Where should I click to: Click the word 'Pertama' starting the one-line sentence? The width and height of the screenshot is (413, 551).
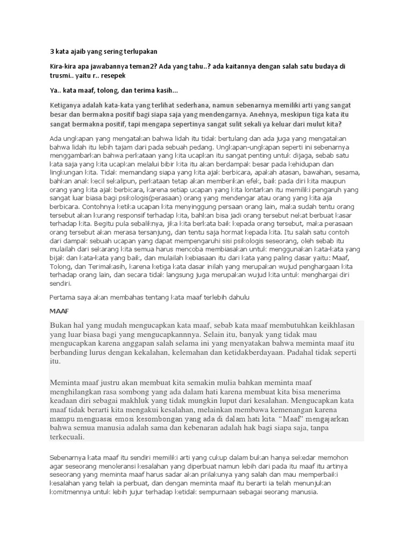coord(63,297)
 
